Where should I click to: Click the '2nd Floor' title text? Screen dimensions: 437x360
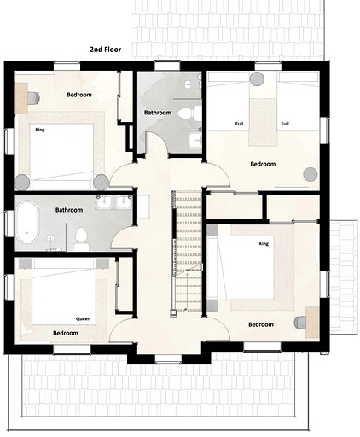click(x=105, y=50)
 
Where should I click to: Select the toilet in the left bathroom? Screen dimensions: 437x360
click(x=81, y=236)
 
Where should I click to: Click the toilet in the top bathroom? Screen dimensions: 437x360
click(x=195, y=113)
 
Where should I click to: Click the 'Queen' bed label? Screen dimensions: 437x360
click(x=84, y=318)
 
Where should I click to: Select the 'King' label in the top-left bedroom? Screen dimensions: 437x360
click(x=40, y=130)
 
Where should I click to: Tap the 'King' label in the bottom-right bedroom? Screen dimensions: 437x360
click(x=264, y=243)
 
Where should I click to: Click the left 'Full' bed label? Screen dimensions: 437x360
click(x=241, y=124)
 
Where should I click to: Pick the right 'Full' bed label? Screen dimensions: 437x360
click(x=285, y=124)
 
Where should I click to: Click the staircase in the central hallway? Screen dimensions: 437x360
click(x=186, y=252)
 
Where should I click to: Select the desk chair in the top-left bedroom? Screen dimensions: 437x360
click(x=32, y=98)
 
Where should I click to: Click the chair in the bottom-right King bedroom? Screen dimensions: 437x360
click(x=301, y=321)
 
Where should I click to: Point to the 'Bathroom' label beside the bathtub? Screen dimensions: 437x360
click(x=69, y=209)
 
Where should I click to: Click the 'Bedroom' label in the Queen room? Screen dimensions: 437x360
click(x=65, y=333)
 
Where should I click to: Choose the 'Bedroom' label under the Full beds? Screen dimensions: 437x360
click(x=262, y=163)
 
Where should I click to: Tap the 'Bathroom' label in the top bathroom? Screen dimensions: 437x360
click(x=158, y=113)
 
